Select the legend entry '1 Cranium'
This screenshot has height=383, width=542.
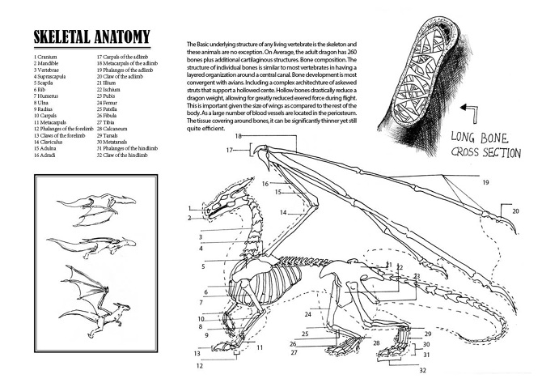(x=47, y=57)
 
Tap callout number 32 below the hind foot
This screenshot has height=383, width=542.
(x=421, y=371)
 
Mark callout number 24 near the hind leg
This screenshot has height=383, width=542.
(x=307, y=313)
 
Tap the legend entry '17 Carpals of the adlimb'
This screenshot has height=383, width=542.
(x=124, y=57)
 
